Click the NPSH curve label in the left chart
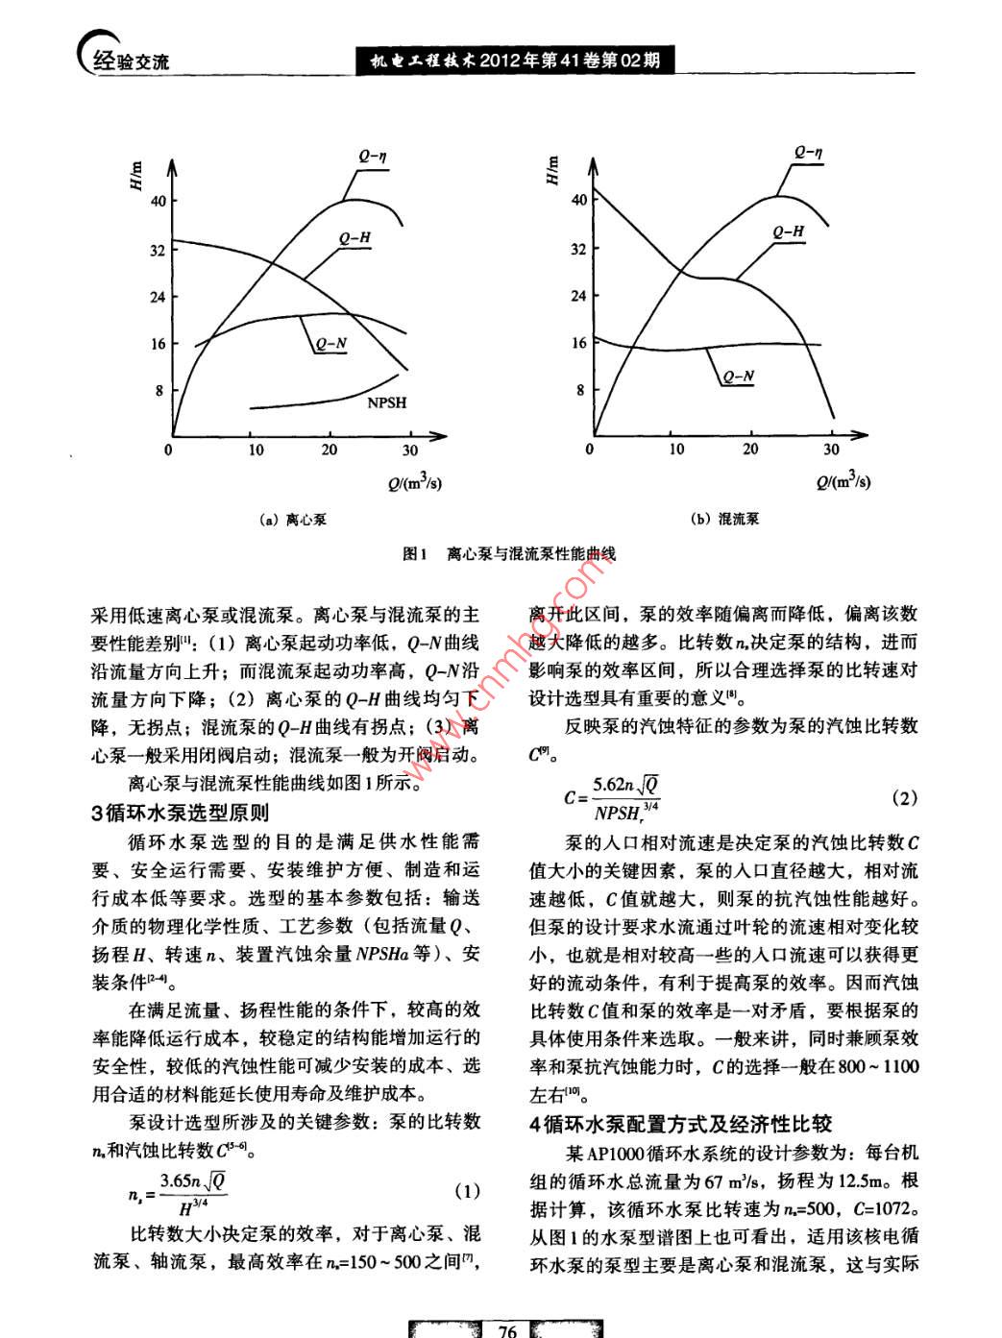[386, 402]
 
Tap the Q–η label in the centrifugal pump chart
[373, 155]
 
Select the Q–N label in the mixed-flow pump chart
[738, 377]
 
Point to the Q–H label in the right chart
[788, 231]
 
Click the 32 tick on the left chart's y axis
[157, 250]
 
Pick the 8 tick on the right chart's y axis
[580, 390]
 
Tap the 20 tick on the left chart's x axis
[329, 450]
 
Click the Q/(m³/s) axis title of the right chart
[843, 481]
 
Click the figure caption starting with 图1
[509, 554]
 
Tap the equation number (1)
[466, 1192]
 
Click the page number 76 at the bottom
[508, 1329]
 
